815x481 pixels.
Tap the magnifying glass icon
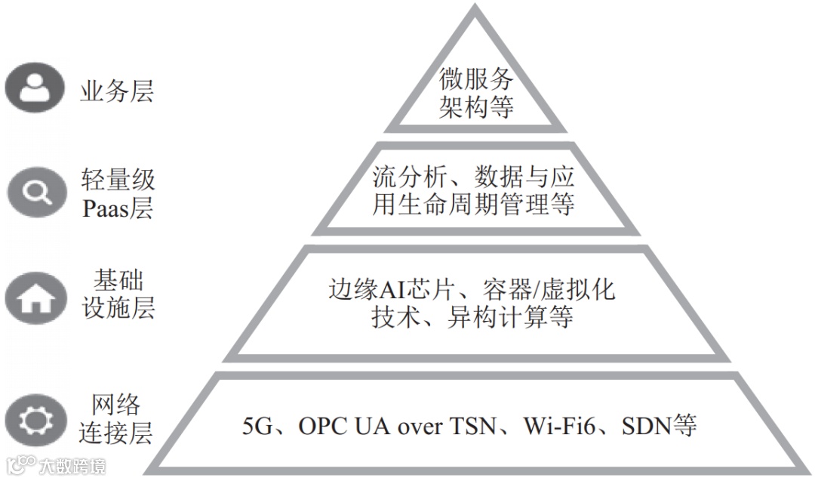[x=34, y=193]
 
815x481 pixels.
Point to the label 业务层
[x=117, y=91]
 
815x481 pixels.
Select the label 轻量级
[x=118, y=180]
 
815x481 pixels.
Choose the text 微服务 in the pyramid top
[x=476, y=79]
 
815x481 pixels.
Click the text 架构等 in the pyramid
[x=476, y=106]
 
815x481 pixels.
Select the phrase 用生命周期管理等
[x=473, y=205]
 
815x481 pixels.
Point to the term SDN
[x=646, y=427]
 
